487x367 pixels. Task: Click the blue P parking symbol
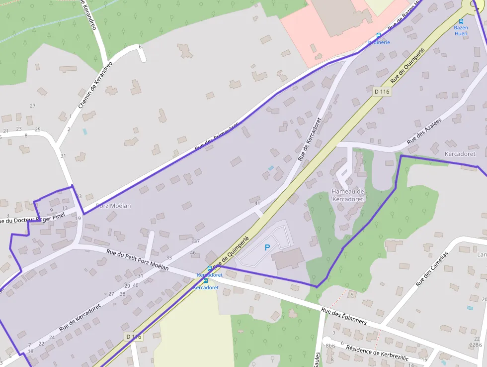pyautogui.click(x=267, y=247)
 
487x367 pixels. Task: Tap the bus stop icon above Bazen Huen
pyautogui.click(x=461, y=21)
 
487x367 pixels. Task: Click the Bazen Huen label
pyautogui.click(x=461, y=30)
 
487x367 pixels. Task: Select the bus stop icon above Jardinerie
pyautogui.click(x=379, y=35)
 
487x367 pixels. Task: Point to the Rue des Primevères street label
pyautogui.click(x=217, y=136)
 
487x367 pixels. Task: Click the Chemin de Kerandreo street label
pyautogui.click(x=95, y=85)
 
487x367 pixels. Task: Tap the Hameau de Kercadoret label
pyautogui.click(x=348, y=195)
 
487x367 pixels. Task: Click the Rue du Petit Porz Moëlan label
pyautogui.click(x=138, y=259)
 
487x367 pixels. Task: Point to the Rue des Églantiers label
pyautogui.click(x=343, y=316)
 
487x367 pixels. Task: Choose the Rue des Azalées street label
pyautogui.click(x=424, y=131)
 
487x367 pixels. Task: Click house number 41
pyautogui.click(x=257, y=204)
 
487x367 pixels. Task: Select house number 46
pyautogui.click(x=193, y=253)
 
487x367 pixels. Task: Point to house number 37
pyautogui.click(x=197, y=241)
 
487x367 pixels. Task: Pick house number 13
pyautogui.click(x=65, y=208)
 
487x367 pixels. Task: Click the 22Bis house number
pyautogui.click(x=476, y=345)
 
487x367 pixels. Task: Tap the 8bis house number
pyautogui.click(x=330, y=346)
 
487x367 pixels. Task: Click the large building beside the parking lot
pyautogui.click(x=288, y=258)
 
